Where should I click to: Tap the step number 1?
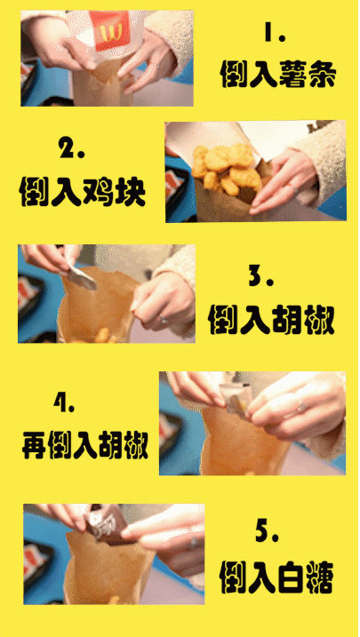tap(275, 36)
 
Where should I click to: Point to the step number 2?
tap(71, 148)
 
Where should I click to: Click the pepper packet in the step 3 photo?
tap(81, 278)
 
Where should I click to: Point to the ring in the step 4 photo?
tap(300, 407)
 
